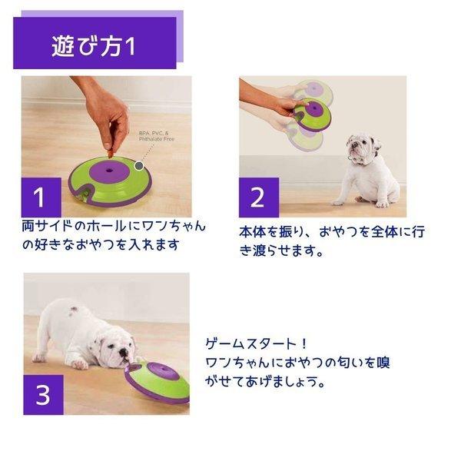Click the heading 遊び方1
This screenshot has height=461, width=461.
(x=93, y=45)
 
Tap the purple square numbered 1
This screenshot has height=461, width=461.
(x=41, y=197)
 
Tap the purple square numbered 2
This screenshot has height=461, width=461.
(x=257, y=197)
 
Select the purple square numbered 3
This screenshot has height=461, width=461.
(x=43, y=396)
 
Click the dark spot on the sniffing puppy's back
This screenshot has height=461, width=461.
(x=75, y=311)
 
